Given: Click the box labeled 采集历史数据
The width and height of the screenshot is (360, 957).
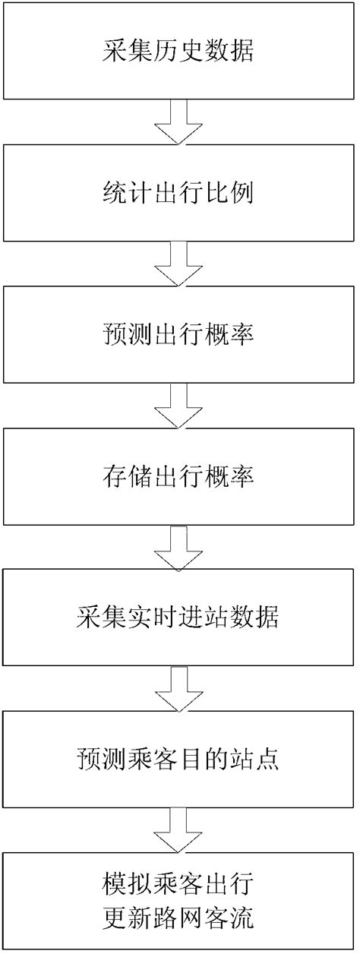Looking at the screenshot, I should (179, 52).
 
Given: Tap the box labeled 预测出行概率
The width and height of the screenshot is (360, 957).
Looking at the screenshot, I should (179, 335).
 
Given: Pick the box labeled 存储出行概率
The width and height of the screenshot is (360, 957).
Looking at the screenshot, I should (179, 477).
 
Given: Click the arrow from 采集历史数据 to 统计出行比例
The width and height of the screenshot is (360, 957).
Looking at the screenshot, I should (179, 122).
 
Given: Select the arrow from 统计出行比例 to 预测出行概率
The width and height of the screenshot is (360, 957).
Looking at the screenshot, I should (179, 264).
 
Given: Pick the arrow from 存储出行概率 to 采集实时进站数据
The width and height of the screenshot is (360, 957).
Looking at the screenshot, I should (179, 548).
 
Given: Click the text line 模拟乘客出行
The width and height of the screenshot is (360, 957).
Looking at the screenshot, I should (179, 883).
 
